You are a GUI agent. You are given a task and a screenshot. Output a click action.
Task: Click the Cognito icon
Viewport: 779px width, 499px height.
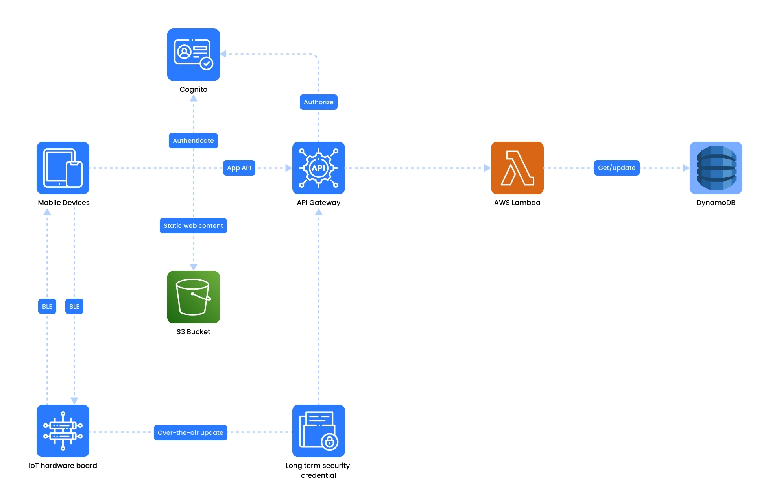193,55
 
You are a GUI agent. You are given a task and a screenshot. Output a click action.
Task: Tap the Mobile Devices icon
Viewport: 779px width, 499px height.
63,168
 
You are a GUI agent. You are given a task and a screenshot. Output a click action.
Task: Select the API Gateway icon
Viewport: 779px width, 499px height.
318,168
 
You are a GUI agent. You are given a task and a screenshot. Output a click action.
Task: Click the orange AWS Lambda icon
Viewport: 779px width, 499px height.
517,168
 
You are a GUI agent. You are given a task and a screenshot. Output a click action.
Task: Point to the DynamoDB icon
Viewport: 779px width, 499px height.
716,168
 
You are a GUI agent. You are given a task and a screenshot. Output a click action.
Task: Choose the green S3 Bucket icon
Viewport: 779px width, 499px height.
193,297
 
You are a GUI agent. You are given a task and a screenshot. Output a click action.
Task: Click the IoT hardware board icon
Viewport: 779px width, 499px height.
63,431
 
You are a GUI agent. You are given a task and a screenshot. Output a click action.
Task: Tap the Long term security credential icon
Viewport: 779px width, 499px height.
318,431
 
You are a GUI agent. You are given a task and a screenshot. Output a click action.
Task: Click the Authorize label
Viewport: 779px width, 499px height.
318,102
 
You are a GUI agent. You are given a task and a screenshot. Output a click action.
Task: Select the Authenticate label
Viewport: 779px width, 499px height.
193,141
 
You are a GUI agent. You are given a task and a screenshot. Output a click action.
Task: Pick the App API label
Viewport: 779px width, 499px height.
239,168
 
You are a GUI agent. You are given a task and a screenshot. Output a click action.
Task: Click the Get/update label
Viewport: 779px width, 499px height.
617,168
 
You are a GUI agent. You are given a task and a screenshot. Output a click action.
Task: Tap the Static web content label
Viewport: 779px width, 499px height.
193,226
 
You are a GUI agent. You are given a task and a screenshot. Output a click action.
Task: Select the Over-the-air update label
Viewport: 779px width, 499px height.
190,433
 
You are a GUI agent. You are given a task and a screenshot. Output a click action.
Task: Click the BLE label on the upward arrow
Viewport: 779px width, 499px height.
47,307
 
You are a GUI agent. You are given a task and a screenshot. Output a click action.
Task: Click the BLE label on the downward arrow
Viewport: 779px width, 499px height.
74,307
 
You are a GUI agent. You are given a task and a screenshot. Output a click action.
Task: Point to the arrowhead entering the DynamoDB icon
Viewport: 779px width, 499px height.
686,168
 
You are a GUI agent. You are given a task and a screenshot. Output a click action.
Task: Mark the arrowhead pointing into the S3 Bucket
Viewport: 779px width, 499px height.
194,267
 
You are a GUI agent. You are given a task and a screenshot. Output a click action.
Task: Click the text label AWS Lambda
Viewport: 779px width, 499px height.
517,203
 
